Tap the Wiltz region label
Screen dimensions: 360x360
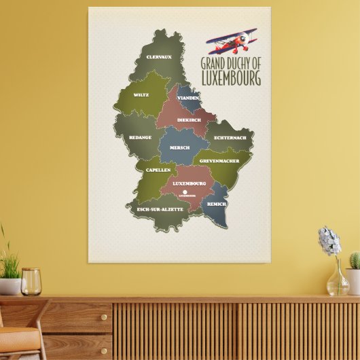point(141,95)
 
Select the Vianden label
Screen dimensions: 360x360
point(188,98)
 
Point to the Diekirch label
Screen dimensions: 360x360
point(188,120)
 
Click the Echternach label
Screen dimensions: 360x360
point(229,138)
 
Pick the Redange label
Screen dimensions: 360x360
point(140,137)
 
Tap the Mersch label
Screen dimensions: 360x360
point(179,147)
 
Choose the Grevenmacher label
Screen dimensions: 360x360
point(219,161)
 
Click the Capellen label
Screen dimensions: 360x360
point(158,170)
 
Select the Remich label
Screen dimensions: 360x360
point(217,203)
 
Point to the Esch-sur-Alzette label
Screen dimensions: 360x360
point(160,209)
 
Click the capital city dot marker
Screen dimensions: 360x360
point(182,191)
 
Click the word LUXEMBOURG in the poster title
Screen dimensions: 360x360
point(231,78)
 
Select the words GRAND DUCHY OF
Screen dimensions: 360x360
point(231,63)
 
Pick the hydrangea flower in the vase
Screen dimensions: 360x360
point(330,240)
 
